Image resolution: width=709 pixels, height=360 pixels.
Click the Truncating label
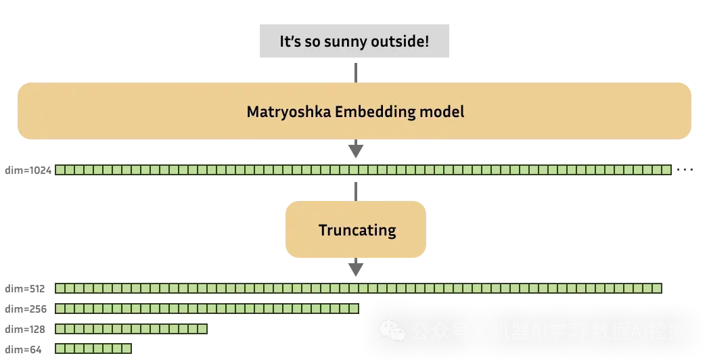pos(357,230)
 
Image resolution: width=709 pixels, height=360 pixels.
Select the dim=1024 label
pos(28,170)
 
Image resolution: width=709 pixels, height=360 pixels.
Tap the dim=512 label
pos(24,289)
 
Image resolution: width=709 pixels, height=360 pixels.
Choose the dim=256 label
pos(24,309)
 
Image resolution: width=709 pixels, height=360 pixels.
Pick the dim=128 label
pos(24,330)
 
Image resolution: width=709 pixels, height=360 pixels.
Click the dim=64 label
pos(22,349)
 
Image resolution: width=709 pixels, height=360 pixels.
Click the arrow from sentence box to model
pos(356,71)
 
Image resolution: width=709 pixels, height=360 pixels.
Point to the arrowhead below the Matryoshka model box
pos(356,151)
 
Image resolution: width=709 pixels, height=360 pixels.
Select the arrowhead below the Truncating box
pos(356,269)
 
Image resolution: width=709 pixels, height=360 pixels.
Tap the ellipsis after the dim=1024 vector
pos(685,170)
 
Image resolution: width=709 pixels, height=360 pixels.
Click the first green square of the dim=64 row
pos(60,349)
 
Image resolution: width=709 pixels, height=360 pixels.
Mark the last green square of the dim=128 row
pos(202,329)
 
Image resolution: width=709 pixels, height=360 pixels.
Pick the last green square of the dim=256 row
pos(354,309)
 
